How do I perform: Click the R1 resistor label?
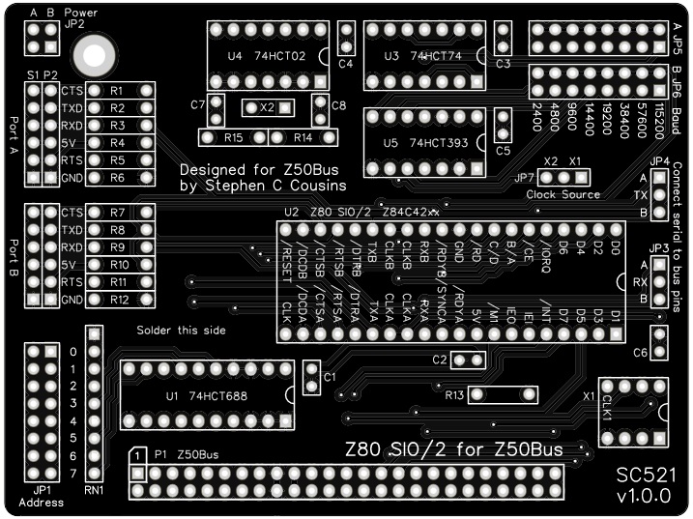point(117,91)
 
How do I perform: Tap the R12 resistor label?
point(119,301)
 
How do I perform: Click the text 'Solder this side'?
point(182,331)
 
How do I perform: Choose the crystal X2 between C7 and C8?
point(267,107)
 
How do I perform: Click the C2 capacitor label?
point(439,360)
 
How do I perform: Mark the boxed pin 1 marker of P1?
point(139,454)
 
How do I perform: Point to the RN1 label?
point(94,490)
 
